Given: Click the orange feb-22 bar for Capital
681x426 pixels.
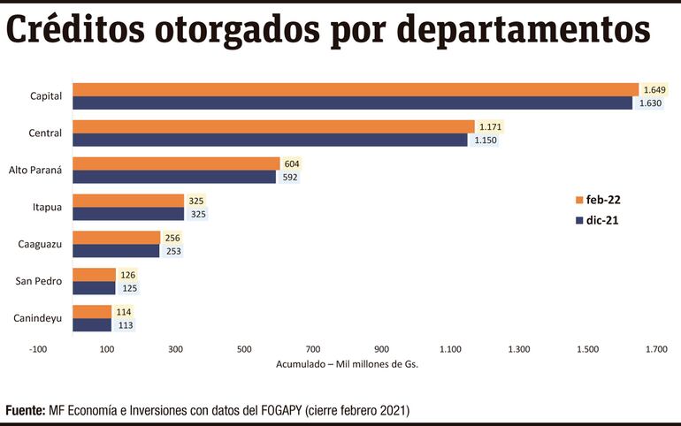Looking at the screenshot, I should [x=354, y=89].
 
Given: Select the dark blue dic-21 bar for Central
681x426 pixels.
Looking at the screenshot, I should [x=270, y=140].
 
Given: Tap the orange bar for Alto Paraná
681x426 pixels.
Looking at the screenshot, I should [x=176, y=164].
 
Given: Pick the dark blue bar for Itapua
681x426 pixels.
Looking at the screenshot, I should [x=128, y=214].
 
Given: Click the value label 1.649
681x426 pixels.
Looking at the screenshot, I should [x=654, y=89].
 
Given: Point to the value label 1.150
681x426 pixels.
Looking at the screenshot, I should [x=483, y=140].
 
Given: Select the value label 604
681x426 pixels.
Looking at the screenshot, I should [x=292, y=164].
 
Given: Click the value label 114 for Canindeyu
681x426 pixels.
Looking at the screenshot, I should [x=124, y=311].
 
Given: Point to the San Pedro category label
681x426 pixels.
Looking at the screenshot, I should [x=39, y=281].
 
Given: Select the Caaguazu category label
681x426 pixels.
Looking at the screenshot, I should [x=40, y=244].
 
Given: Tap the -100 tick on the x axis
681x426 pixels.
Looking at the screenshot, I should [x=38, y=349].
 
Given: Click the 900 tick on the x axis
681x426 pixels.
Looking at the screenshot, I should [x=381, y=349].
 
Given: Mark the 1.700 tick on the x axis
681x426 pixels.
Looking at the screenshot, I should [x=655, y=349].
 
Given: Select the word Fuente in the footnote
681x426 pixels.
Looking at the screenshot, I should [x=25, y=411].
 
